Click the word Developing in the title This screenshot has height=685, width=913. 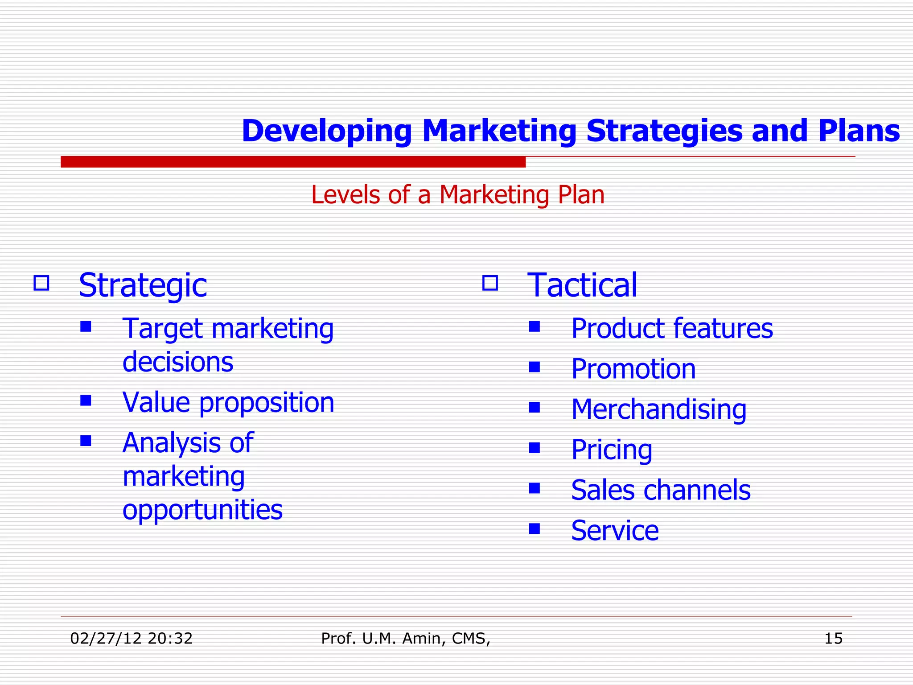click(x=326, y=131)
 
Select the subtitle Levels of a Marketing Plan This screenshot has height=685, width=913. click(x=458, y=195)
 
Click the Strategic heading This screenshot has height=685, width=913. click(x=143, y=285)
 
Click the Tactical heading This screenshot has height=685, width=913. click(x=582, y=285)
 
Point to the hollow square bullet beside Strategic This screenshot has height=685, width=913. click(x=41, y=283)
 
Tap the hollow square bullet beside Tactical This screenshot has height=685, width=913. click(x=490, y=283)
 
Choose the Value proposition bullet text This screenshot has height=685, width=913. click(x=228, y=402)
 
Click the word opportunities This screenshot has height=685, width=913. click(x=202, y=509)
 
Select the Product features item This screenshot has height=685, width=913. click(x=672, y=328)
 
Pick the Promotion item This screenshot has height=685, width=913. click(x=633, y=369)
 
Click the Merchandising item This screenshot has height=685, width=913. click(x=658, y=409)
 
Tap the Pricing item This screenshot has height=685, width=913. click(x=612, y=450)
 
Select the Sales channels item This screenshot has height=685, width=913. click(x=661, y=490)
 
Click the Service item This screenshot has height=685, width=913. click(x=615, y=531)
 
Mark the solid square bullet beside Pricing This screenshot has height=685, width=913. click(x=534, y=448)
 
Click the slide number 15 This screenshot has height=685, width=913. click(x=833, y=639)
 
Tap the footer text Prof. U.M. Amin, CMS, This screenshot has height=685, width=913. click(x=405, y=639)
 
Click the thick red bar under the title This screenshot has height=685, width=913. click(x=293, y=162)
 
